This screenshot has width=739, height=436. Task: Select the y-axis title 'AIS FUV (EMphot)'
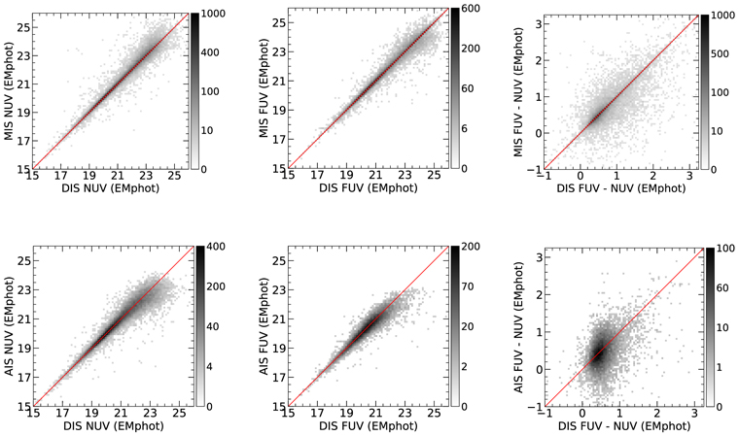pyautogui.click(x=265, y=325)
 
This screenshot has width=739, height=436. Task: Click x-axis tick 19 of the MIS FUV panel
pyautogui.click(x=333, y=177)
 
